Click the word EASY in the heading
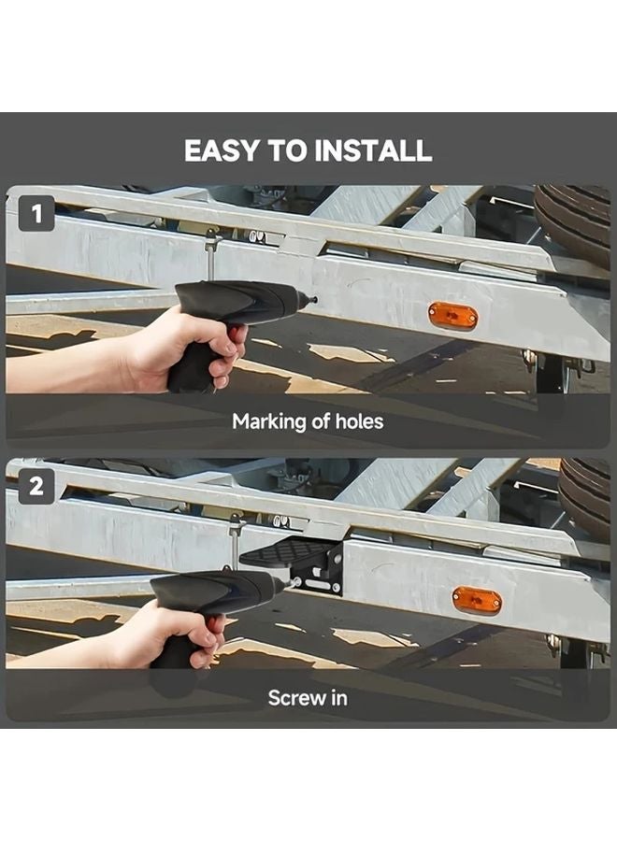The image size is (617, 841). (x=222, y=150)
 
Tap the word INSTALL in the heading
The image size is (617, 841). (x=373, y=150)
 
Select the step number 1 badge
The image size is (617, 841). (x=36, y=214)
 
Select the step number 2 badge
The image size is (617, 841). (x=36, y=487)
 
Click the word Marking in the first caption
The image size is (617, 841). (x=268, y=422)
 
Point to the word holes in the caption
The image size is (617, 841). (x=360, y=421)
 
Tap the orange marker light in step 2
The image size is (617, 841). (x=477, y=600)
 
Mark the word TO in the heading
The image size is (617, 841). (x=287, y=150)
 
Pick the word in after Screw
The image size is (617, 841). (x=337, y=698)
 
